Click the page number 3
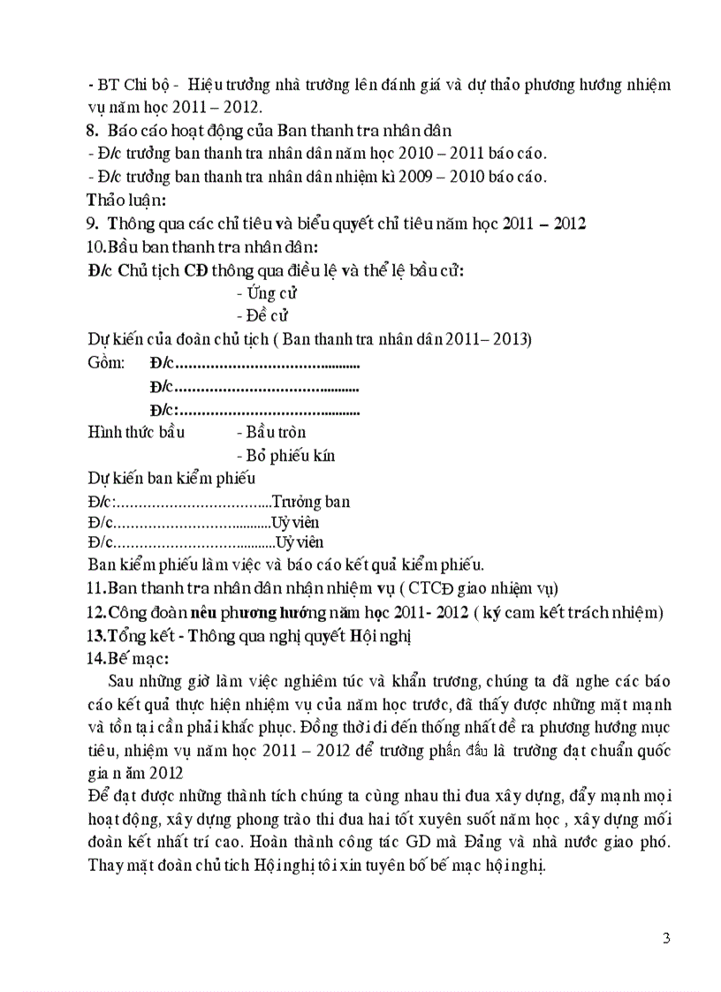(665, 937)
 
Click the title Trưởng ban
(310, 502)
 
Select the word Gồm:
(107, 363)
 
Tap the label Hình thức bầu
(134, 432)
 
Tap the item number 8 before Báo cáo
(93, 131)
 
